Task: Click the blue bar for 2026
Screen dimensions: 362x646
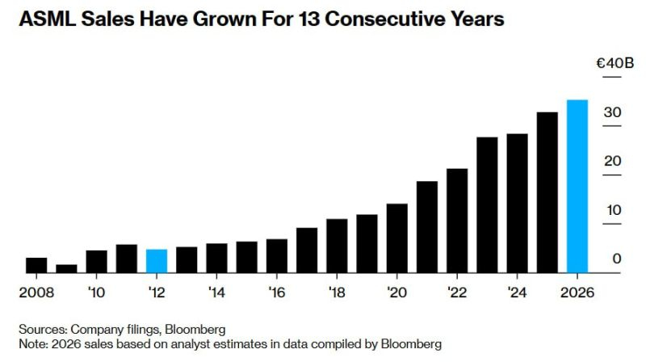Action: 577,187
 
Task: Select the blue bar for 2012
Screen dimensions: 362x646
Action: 157,261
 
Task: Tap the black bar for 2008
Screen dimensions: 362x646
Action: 36,265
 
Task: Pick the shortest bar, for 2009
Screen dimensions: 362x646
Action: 66,268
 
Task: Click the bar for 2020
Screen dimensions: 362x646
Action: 396,238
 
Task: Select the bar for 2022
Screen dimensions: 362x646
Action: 457,221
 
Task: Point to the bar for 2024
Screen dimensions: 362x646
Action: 517,204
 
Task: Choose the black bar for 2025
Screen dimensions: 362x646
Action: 547,192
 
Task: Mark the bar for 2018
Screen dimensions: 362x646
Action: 337,246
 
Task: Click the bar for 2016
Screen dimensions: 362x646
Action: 277,255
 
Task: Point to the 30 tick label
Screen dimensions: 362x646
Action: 613,112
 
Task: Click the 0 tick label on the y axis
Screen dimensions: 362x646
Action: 617,259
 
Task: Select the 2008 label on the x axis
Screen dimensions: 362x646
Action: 36,291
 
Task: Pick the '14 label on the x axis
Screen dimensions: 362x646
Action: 216,291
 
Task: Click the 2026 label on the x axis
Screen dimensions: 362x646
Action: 577,291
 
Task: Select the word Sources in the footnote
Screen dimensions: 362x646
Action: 42,329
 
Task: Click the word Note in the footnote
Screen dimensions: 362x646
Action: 33,344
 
